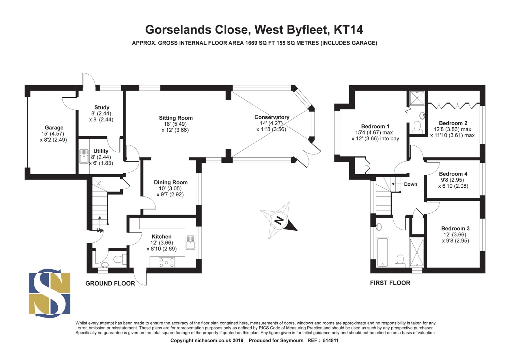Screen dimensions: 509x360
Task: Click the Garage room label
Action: pyautogui.click(x=54, y=128)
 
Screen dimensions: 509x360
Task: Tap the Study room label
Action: pyautogui.click(x=102, y=108)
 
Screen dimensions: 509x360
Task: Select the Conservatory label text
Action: pyautogui.click(x=272, y=117)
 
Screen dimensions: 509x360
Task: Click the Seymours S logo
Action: pyautogui.click(x=50, y=293)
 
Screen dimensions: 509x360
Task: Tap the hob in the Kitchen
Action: pyautogui.click(x=167, y=262)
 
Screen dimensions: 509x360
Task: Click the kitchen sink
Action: pyautogui.click(x=190, y=243)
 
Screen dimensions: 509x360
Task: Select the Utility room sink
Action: pyautogui.click(x=84, y=157)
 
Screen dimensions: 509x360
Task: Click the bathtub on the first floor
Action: pyautogui.click(x=383, y=252)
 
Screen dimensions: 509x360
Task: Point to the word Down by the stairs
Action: pyautogui.click(x=411, y=184)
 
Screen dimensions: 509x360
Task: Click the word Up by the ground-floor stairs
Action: pyautogui.click(x=100, y=230)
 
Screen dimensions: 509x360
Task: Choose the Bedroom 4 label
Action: pyautogui.click(x=453, y=174)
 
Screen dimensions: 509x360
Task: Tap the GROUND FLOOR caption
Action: pyautogui.click(x=110, y=283)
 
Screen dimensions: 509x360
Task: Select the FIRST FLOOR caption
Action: pyautogui.click(x=390, y=283)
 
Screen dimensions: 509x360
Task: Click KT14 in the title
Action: pyautogui.click(x=348, y=30)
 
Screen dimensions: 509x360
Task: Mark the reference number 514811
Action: pyautogui.click(x=331, y=340)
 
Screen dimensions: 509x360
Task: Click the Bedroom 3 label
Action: pyautogui.click(x=455, y=228)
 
